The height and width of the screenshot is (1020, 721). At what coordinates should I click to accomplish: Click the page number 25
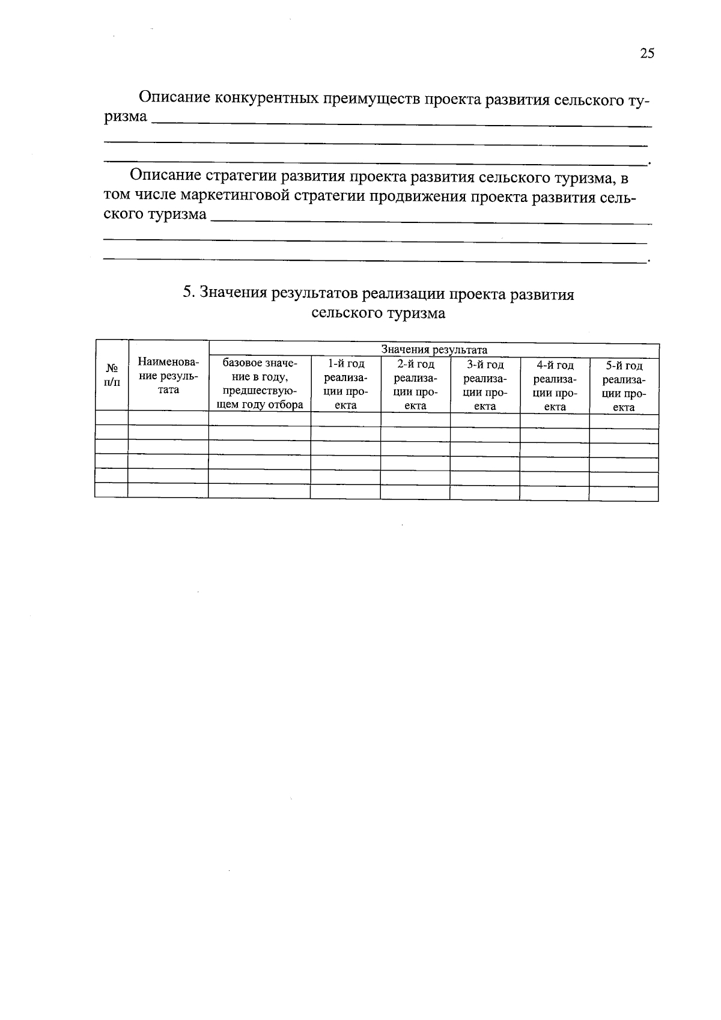point(647,53)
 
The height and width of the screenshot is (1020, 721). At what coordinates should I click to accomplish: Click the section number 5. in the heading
point(189,294)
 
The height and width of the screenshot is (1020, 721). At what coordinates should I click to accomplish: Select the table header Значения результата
point(434,350)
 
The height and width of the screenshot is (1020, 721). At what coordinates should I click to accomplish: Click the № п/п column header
point(112,376)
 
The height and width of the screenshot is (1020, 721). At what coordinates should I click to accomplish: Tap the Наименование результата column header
point(168,376)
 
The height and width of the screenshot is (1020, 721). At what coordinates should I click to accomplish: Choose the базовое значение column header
point(260,383)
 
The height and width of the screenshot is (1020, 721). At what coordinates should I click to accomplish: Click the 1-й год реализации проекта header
point(345,384)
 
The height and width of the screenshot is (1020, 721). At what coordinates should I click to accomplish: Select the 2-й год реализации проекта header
point(415,385)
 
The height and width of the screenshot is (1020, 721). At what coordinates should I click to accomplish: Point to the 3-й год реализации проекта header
point(485,385)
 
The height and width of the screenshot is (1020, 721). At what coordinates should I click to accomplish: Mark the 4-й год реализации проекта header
point(555,386)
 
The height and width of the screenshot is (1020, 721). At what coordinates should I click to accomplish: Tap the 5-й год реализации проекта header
point(624,386)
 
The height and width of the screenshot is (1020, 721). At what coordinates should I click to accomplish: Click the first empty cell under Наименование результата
point(168,418)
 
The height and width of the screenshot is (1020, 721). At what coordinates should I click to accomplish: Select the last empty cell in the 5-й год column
point(624,493)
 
